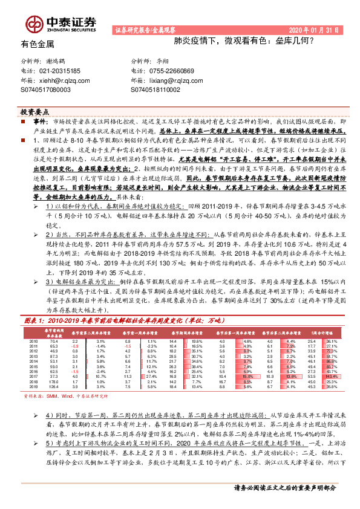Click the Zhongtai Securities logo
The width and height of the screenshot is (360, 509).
[x=59, y=22]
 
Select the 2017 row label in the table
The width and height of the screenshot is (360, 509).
[x=33, y=376]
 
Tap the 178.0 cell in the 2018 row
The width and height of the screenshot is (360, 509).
[x=53, y=381]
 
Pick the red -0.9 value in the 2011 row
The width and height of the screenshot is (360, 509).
[x=74, y=346]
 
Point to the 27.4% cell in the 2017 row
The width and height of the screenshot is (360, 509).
[x=151, y=376]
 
